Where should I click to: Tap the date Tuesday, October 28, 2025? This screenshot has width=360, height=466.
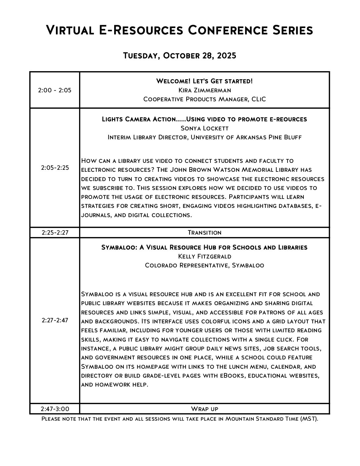tap(180, 55)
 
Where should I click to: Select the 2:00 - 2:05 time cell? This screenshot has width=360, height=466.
tap(55, 90)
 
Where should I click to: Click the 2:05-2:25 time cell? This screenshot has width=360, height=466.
tap(55, 167)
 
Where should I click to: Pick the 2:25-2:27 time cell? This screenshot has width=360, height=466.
tap(55, 232)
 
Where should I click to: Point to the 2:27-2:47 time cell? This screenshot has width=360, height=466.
tap(55, 320)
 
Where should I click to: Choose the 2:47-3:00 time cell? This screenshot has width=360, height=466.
tap(55, 409)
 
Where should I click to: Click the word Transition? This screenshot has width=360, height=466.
tap(204, 232)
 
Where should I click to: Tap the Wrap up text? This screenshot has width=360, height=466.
tap(204, 409)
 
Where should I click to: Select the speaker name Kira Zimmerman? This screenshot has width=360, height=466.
tap(204, 90)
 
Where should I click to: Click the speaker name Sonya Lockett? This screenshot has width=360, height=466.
tap(204, 128)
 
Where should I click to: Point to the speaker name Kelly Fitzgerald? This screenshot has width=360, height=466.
tap(204, 256)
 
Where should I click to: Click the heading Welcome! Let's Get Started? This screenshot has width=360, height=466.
tap(204, 81)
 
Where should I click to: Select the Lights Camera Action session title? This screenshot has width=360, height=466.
tap(204, 119)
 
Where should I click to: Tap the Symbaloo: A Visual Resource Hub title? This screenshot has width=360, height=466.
tap(204, 247)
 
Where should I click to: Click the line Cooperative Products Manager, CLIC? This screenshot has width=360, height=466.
tap(204, 99)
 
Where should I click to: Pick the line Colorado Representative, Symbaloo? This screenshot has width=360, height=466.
tap(204, 265)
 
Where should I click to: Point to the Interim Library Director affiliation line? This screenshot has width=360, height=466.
tap(204, 137)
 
